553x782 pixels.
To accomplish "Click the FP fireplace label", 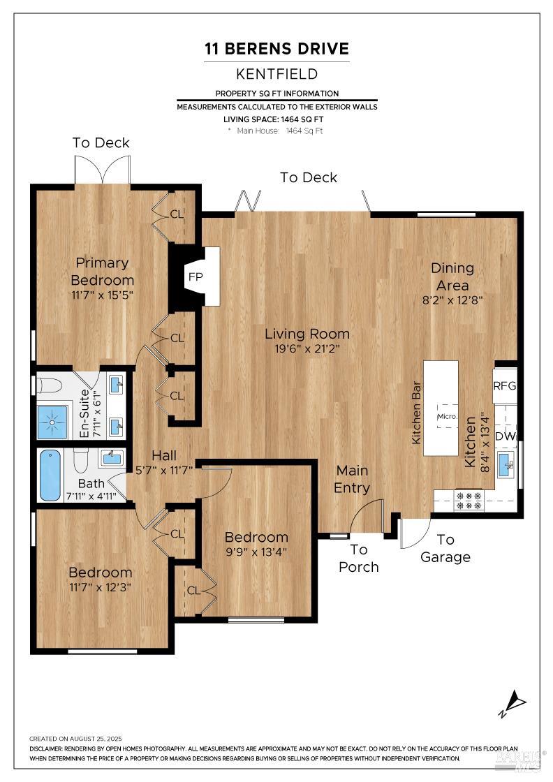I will click(195, 276).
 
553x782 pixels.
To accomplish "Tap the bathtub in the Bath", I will click(50, 475).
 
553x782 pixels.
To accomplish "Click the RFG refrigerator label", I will click(504, 385).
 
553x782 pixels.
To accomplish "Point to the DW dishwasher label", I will click(505, 436).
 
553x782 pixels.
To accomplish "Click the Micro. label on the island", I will click(447, 417).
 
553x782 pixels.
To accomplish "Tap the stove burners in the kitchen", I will click(469, 501).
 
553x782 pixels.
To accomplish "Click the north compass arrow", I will click(515, 701).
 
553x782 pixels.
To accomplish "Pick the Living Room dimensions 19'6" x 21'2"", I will click(307, 350).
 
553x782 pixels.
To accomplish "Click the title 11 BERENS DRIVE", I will click(276, 49).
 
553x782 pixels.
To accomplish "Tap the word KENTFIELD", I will click(276, 73).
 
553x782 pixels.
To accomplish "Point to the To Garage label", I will click(445, 548).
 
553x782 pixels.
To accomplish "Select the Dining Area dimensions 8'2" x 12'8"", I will click(452, 300).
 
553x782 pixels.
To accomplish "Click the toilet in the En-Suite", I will click(47, 385).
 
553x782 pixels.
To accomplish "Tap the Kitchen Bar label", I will click(416, 413).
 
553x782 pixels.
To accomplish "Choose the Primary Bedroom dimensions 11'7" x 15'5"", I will click(102, 295).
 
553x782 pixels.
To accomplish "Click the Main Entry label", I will click(351, 479).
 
